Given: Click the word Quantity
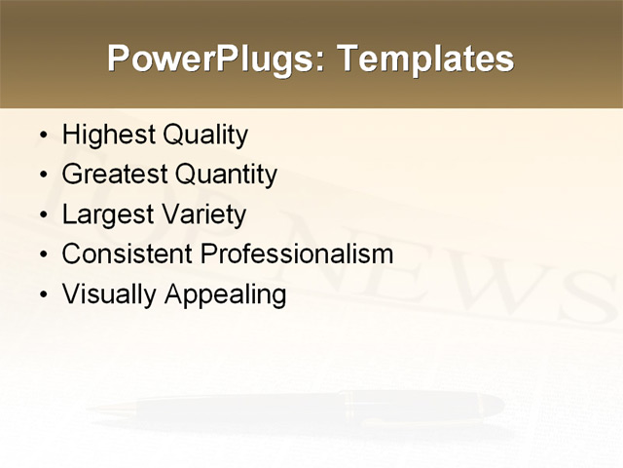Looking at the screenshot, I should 226,175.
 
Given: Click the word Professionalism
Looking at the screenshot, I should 296,254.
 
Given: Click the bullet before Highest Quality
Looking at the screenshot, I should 41,136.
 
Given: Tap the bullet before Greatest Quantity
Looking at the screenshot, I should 41,175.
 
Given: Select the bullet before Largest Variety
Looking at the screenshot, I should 41,215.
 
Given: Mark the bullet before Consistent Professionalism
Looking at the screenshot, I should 41,255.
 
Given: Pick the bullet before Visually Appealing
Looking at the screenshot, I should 41,295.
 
